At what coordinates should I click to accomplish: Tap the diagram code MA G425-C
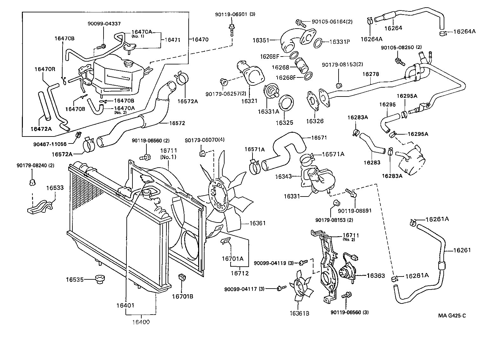click(452, 315)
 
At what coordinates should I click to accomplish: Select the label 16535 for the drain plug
click(75, 280)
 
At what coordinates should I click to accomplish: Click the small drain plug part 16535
click(100, 279)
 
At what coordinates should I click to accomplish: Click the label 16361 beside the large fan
click(257, 223)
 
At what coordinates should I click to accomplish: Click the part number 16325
click(284, 123)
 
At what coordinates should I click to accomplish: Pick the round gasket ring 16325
click(286, 103)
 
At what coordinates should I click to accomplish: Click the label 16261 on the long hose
click(462, 250)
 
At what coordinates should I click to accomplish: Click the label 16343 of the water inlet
click(283, 176)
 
